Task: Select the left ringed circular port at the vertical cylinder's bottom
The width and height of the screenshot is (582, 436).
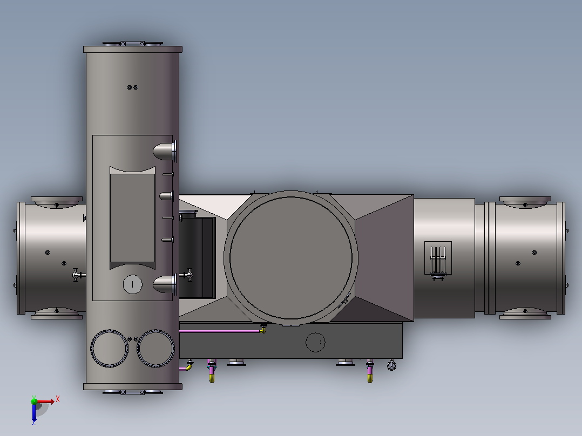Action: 110,349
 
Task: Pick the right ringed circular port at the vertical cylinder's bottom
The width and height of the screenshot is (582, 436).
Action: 156,349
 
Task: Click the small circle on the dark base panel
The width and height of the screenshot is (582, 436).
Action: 315,342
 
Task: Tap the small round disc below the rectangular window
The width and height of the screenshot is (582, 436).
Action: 132,284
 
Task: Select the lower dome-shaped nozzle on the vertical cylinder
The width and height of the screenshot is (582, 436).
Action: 165,284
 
